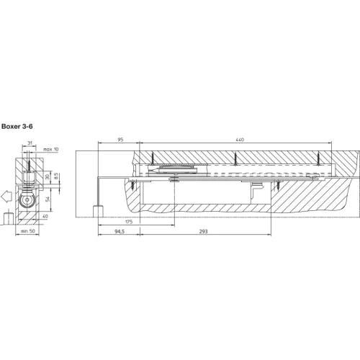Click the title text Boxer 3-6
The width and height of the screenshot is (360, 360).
17,127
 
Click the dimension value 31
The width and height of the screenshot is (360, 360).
30,143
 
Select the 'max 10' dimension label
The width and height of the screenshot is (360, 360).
50,149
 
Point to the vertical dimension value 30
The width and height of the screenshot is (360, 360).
48,177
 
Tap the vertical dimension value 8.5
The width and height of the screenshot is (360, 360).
56,176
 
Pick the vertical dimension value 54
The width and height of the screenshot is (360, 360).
48,199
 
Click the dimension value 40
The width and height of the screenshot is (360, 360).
45,216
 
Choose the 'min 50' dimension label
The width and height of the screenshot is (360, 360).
27,231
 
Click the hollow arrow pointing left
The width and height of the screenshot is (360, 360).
6,197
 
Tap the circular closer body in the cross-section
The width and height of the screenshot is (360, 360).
27,199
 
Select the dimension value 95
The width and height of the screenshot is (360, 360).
120,140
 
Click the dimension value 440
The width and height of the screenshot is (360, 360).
240,140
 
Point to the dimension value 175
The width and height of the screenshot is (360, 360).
129,222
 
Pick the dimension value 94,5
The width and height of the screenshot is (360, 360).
120,232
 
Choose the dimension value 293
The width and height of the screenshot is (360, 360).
203,232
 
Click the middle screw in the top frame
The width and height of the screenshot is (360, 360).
235,158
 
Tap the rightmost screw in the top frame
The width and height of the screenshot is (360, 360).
318,158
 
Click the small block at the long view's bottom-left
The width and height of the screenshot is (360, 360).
98,211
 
